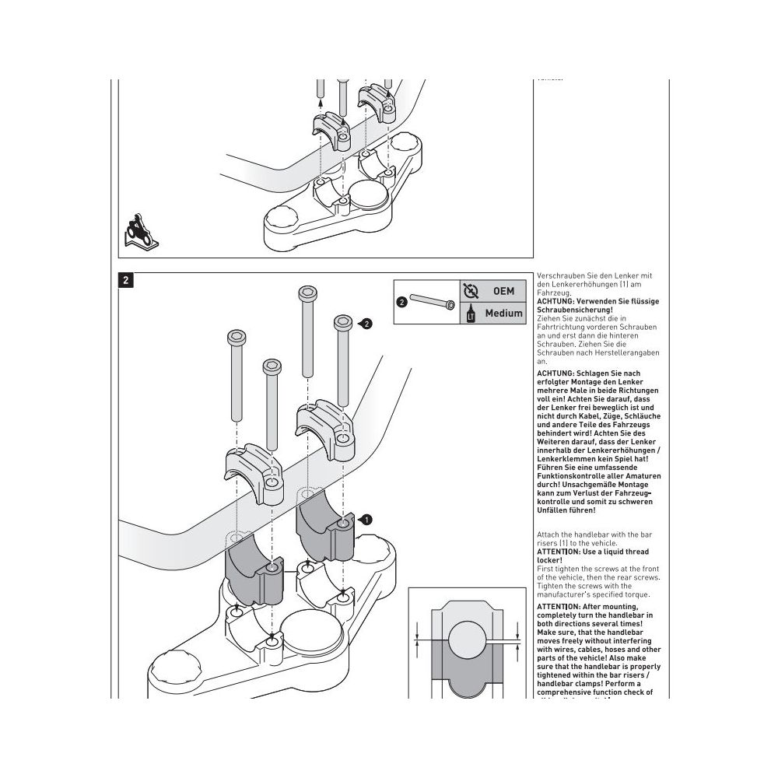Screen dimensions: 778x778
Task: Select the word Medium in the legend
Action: click(x=503, y=314)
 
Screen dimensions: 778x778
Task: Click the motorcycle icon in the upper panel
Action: click(x=140, y=231)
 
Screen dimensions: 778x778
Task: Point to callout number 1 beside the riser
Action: click(x=367, y=519)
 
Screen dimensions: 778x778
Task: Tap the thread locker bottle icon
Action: click(x=471, y=314)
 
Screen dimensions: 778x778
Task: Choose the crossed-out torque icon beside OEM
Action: click(x=471, y=291)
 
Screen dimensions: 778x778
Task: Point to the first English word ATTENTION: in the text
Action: click(x=563, y=552)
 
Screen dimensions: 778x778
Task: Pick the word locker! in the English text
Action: click(x=550, y=559)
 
